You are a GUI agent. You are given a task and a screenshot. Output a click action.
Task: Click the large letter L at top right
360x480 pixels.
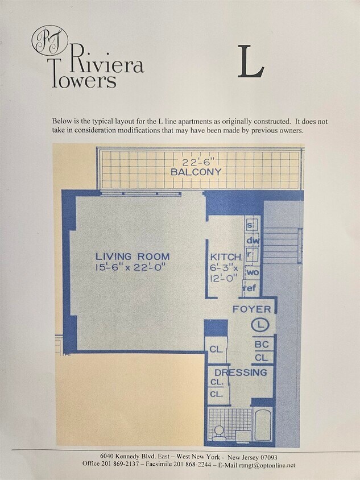point(251,61)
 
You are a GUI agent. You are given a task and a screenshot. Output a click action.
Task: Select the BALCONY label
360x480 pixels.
point(196,172)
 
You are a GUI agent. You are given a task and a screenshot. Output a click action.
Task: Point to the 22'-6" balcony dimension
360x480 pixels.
point(199,161)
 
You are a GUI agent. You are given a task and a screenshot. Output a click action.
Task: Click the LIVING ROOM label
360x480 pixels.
point(133,256)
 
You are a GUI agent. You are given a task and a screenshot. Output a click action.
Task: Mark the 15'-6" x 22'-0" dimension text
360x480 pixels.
point(131,267)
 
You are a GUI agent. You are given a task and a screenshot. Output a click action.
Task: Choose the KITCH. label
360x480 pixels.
point(226,257)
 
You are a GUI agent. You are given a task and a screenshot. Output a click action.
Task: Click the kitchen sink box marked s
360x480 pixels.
point(250,225)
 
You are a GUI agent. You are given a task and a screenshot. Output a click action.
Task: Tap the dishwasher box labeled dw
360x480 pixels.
point(253,241)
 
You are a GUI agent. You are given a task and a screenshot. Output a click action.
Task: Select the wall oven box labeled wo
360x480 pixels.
point(253,272)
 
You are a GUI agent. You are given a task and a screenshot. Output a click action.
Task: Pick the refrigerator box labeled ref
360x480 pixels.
point(250,288)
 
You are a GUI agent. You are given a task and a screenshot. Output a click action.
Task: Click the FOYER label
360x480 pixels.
point(251,309)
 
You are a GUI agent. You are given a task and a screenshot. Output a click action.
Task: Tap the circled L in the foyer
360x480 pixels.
point(260,325)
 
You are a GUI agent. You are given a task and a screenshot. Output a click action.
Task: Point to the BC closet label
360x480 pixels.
point(262,345)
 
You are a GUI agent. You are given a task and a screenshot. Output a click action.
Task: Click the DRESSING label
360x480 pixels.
point(241,373)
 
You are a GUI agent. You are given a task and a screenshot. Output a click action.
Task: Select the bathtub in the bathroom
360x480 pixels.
point(263,424)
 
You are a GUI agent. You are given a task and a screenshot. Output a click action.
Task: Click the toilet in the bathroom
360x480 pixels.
point(218,433)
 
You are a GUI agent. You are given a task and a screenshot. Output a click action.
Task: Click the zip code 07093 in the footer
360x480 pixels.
point(268,458)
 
